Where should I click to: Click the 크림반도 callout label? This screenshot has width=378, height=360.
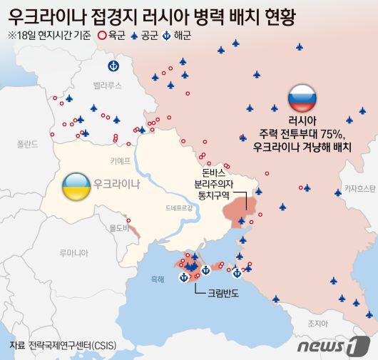pos(225,292)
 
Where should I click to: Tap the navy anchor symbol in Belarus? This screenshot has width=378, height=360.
pos(112,66)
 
